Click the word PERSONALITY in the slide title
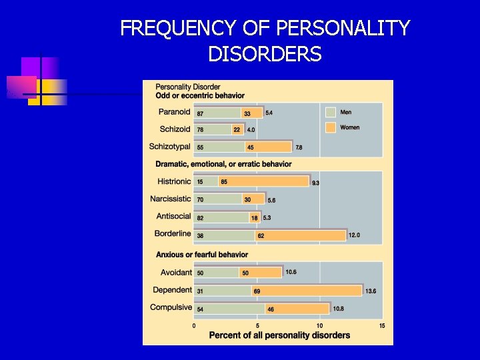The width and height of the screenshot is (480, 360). (x=343, y=29)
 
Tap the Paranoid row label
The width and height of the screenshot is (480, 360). (x=175, y=112)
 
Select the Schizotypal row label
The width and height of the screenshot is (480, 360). (x=170, y=147)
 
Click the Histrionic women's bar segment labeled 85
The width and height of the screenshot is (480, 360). (x=263, y=181)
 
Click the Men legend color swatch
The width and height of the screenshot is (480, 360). (x=330, y=112)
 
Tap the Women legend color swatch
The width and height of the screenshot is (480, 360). (x=330, y=127)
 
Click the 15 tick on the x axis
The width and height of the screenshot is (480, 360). (x=382, y=325)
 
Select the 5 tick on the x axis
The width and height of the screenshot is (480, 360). (x=257, y=325)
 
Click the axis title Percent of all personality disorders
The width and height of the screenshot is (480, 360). (x=279, y=335)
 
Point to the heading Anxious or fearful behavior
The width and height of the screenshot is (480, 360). (x=201, y=255)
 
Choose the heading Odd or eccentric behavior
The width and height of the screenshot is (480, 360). (x=200, y=96)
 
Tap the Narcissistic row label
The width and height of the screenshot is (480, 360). (x=171, y=199)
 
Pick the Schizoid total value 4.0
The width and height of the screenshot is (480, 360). (x=251, y=130)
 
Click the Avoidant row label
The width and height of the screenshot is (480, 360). (x=176, y=273)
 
